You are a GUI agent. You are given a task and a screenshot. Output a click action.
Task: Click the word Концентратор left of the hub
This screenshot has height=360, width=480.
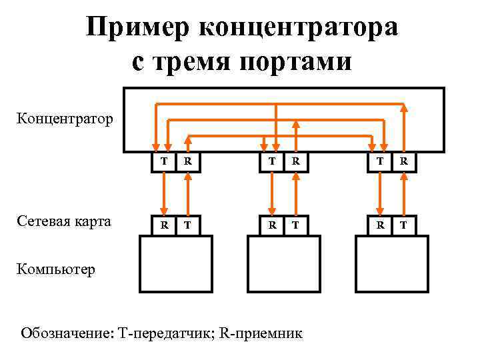[65, 119]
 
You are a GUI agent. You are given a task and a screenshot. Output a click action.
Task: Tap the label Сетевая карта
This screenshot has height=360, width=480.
[65, 221]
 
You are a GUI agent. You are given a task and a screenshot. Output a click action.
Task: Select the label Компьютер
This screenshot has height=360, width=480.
[57, 269]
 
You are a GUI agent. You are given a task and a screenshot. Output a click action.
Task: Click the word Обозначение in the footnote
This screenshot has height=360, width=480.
[65, 331]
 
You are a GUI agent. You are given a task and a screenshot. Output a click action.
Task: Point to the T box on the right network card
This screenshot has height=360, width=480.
[404, 225]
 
